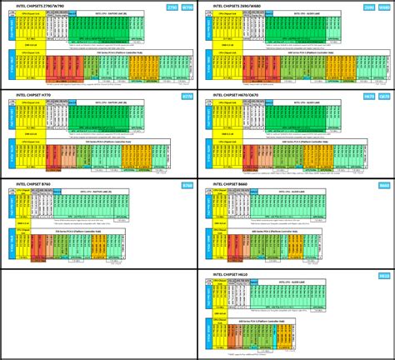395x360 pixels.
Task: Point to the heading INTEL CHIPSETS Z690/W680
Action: (x=235, y=6)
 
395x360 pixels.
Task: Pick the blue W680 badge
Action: (x=384, y=6)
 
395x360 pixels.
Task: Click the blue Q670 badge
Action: (x=384, y=96)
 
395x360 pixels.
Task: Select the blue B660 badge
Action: (x=384, y=185)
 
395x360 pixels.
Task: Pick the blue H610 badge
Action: (x=384, y=274)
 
